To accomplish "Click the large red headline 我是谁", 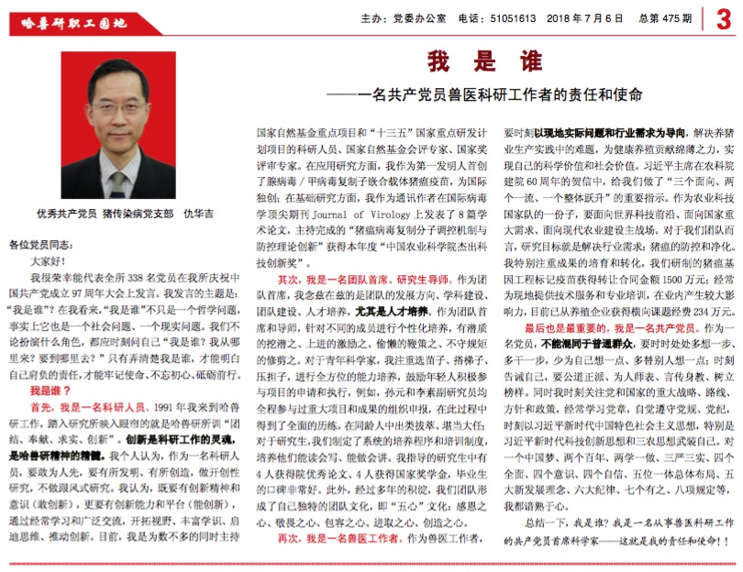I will pyautogui.click(x=483, y=62).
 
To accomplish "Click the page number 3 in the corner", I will pyautogui.click(x=724, y=18).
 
